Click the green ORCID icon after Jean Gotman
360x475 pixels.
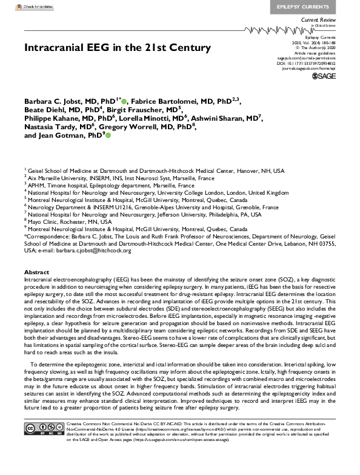[x=108, y=136]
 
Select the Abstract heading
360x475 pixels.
[x=37, y=272]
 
